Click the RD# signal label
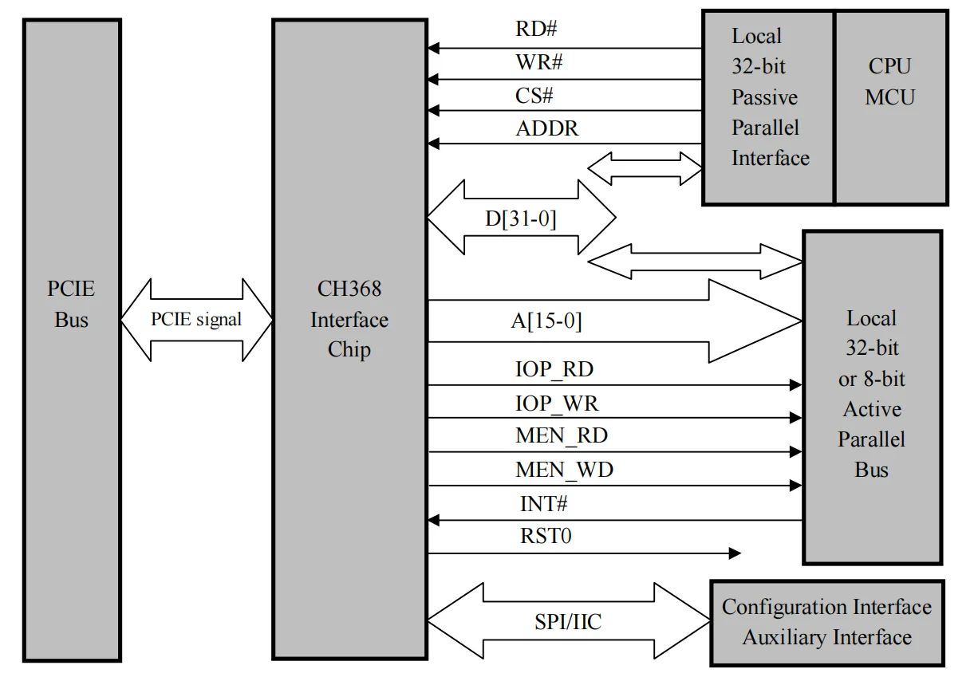(536, 29)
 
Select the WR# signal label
(540, 61)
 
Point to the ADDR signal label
(547, 128)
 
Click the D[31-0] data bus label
(521, 218)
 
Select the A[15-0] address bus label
(546, 321)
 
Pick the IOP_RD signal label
(554, 370)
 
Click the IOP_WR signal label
(556, 403)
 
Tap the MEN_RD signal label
(562, 436)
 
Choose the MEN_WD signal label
(564, 470)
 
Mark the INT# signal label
(543, 504)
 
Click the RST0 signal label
(546, 536)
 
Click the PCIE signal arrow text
(196, 319)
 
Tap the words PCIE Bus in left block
(71, 304)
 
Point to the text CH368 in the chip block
(349, 289)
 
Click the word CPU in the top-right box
(889, 67)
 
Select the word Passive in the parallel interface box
(764, 97)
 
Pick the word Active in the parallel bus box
(872, 409)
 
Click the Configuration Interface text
(826, 607)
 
